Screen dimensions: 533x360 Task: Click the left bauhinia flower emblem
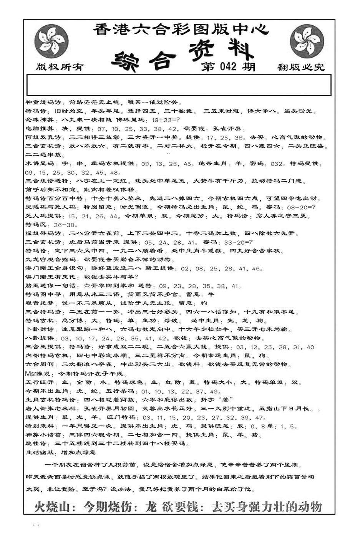pyautogui.click(x=51, y=41)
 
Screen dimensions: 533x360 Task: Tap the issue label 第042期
pyautogui.click(x=228, y=67)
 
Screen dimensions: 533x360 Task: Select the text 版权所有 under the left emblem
pyautogui.click(x=60, y=67)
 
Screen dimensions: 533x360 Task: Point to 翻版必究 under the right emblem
pyautogui.click(x=300, y=68)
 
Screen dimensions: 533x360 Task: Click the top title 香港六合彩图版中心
pyautogui.click(x=181, y=30)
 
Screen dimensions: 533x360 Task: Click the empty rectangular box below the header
pyautogui.click(x=179, y=85)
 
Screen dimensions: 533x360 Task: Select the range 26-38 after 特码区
pyautogui.click(x=66, y=225)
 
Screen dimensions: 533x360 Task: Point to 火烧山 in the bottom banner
pyautogui.click(x=52, y=507)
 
